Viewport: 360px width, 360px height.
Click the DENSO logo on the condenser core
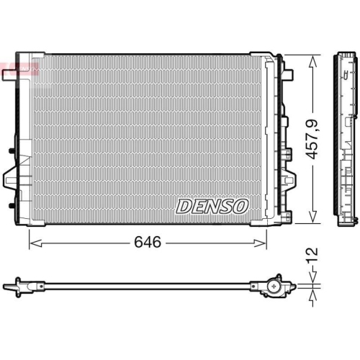click(x=212, y=207)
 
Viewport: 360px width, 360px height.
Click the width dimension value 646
click(x=147, y=243)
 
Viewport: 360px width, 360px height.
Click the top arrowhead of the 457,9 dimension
click(x=312, y=58)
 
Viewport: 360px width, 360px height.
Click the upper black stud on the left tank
click(x=11, y=150)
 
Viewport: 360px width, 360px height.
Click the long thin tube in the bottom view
click(x=144, y=289)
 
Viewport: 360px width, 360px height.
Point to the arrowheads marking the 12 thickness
click(x=312, y=288)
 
